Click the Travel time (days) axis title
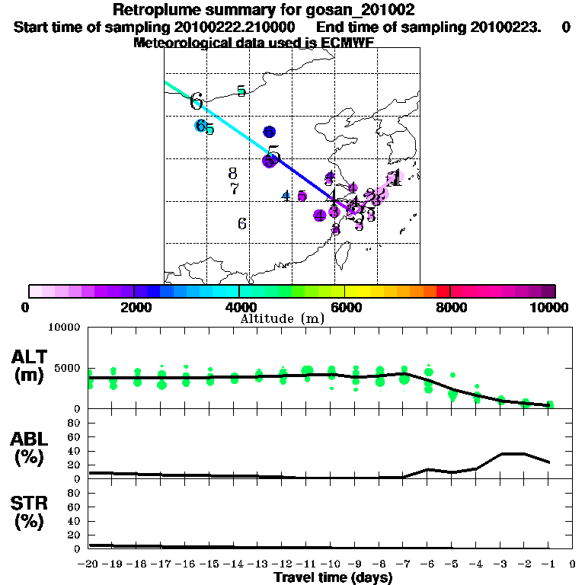pyautogui.click(x=333, y=577)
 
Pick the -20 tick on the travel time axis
pyautogui.click(x=89, y=564)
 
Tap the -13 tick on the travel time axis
pyautogui.click(x=258, y=564)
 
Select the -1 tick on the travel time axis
pyautogui.click(x=549, y=564)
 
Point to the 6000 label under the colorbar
pyautogui.click(x=345, y=307)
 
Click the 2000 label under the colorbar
pyautogui.click(x=134, y=307)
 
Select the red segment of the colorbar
pyautogui.click(x=443, y=291)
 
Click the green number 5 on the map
pyautogui.click(x=241, y=91)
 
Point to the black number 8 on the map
pyautogui.click(x=233, y=174)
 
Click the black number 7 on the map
pyautogui.click(x=235, y=189)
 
